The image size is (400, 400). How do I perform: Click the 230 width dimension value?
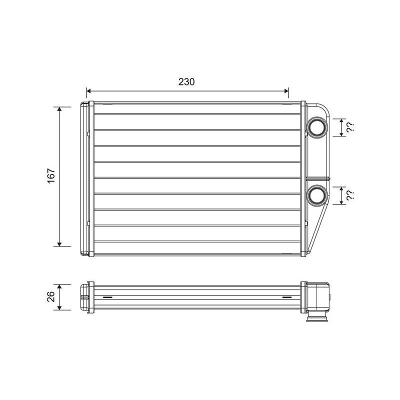pos(186,81)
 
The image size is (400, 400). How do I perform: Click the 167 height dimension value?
pos(51,176)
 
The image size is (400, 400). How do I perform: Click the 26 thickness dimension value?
pos(51,297)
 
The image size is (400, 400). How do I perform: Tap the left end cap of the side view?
pos(86,297)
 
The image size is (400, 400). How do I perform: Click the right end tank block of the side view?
pos(317,297)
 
